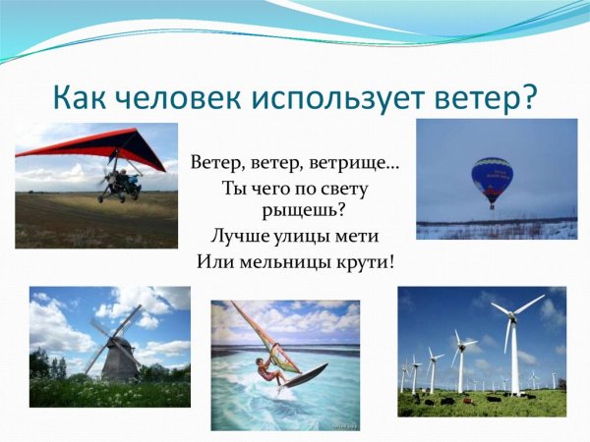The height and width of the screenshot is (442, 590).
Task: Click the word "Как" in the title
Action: click(81, 98)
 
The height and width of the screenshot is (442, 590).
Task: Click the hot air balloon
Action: click(492, 177)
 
